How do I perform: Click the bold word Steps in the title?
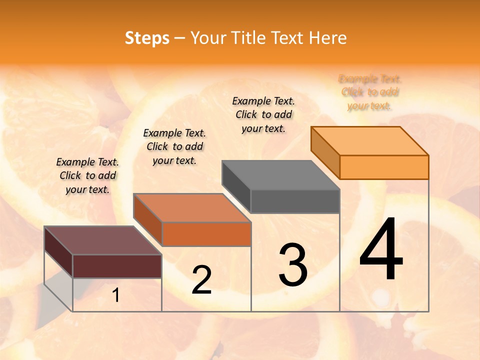pos(147,38)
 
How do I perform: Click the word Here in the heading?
pos(327,38)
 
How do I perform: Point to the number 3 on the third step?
pos(293,264)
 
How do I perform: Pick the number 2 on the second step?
pos(201,280)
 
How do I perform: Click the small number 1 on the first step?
pos(116,295)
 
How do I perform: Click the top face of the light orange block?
pos(369,141)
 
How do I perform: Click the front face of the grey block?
pos(295,201)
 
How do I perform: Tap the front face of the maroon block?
pos(117,266)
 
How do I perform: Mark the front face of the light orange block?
pos(384,167)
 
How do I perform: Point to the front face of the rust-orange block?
pos(206,234)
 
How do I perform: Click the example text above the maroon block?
pos(87,175)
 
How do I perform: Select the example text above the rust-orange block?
pos(174,146)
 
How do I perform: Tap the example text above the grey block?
pos(263,114)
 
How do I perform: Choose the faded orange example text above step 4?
pos(370,92)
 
